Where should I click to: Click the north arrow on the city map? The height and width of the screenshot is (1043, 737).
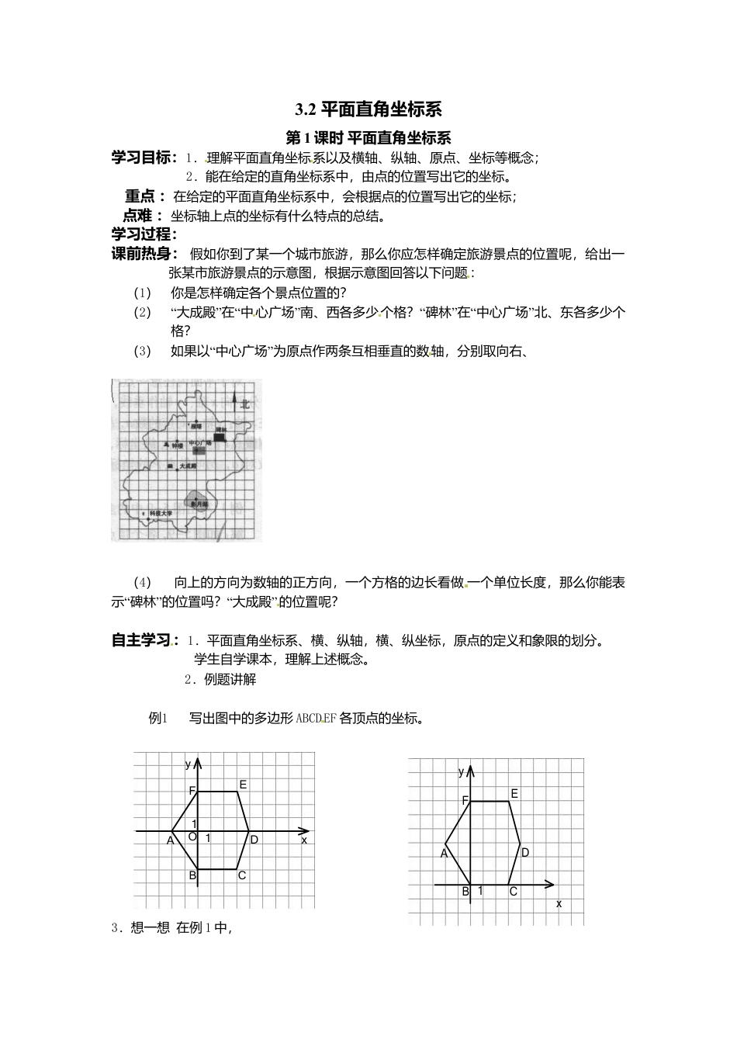234,402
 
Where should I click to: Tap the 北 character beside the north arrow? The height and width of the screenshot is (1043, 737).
245,404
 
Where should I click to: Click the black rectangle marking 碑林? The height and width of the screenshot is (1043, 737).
220,438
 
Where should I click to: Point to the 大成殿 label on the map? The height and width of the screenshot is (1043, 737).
188,466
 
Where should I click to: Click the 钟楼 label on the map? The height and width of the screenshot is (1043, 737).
177,445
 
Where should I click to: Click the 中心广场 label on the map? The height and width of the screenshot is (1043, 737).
200,443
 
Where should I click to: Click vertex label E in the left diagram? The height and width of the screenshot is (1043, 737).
243,785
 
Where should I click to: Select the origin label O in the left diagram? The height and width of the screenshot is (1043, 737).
193,837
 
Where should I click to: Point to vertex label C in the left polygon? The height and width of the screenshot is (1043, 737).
242,875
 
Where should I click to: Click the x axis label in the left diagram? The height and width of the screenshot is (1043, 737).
304,840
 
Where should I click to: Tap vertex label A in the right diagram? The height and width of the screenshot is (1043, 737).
445,853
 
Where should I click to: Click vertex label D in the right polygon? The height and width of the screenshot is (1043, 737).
525,852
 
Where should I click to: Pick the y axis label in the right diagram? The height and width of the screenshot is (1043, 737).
462,771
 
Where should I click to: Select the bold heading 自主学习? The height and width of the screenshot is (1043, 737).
141,639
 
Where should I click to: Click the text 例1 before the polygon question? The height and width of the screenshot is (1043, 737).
157,718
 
